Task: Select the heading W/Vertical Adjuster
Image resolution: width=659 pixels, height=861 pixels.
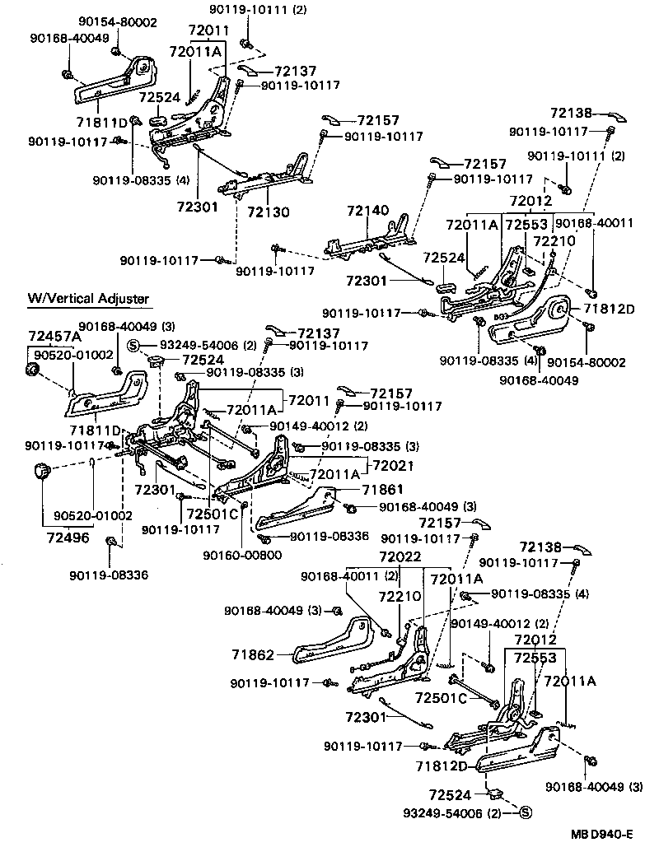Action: (89, 299)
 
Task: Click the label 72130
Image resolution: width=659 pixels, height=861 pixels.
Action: (269, 212)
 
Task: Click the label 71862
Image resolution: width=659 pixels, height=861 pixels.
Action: (252, 654)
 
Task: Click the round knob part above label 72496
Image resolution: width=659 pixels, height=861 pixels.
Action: (41, 472)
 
